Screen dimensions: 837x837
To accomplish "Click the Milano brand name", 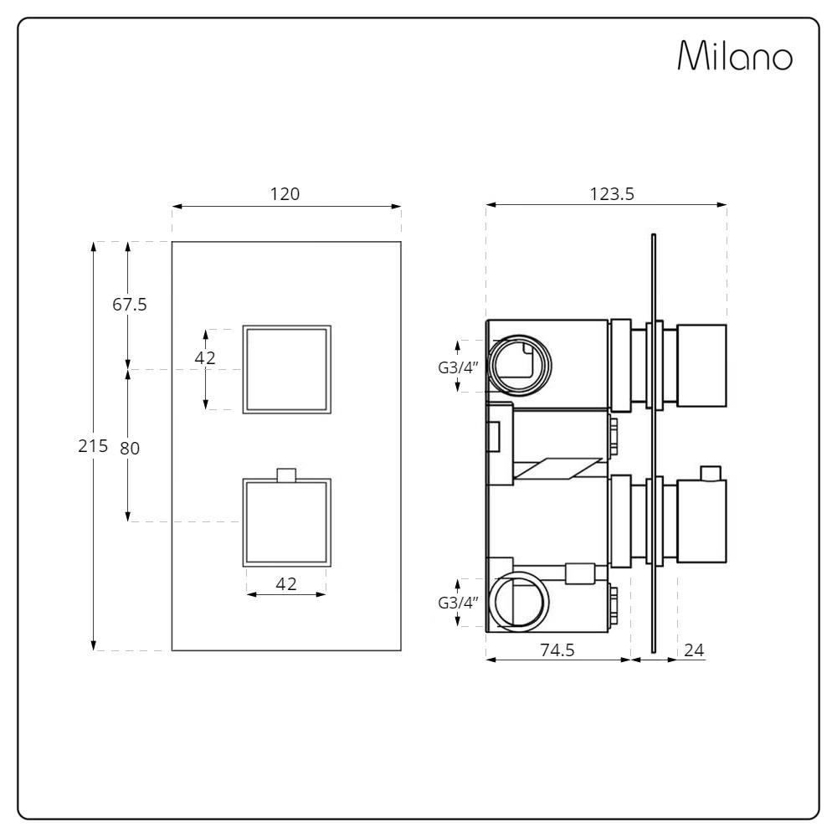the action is pos(735,55).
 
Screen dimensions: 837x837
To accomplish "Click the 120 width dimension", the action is pos(285,194).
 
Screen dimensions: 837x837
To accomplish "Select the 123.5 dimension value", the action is pos(612,194).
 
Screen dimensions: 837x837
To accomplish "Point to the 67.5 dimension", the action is pos(129,305).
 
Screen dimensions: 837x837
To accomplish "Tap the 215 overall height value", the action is pos(93,446).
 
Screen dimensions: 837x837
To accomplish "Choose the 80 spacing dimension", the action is pos(130,449).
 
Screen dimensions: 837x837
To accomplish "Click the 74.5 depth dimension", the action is pos(557,650).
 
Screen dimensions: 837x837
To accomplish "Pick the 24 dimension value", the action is pos(694,650).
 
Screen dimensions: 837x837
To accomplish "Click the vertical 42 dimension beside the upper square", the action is pos(205,357).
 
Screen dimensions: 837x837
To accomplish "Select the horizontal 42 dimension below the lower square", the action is pos(286,584).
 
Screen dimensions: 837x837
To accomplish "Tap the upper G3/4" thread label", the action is pos(458,367).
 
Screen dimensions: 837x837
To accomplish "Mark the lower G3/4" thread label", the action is pos(458,603).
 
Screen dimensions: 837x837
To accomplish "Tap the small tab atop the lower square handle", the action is pos(286,475).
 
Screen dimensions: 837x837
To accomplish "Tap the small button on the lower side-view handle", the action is pos(711,473).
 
